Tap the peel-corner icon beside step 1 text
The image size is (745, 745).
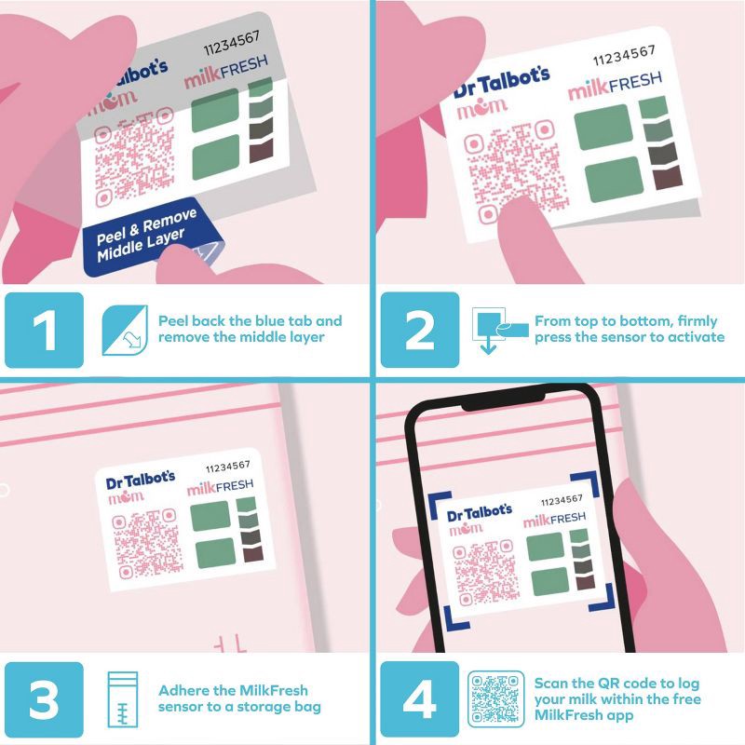click(124, 329)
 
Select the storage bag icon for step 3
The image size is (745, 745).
click(123, 698)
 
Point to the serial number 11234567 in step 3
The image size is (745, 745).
click(226, 466)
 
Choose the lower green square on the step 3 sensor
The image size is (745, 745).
click(213, 552)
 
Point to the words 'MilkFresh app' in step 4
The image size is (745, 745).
click(587, 714)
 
